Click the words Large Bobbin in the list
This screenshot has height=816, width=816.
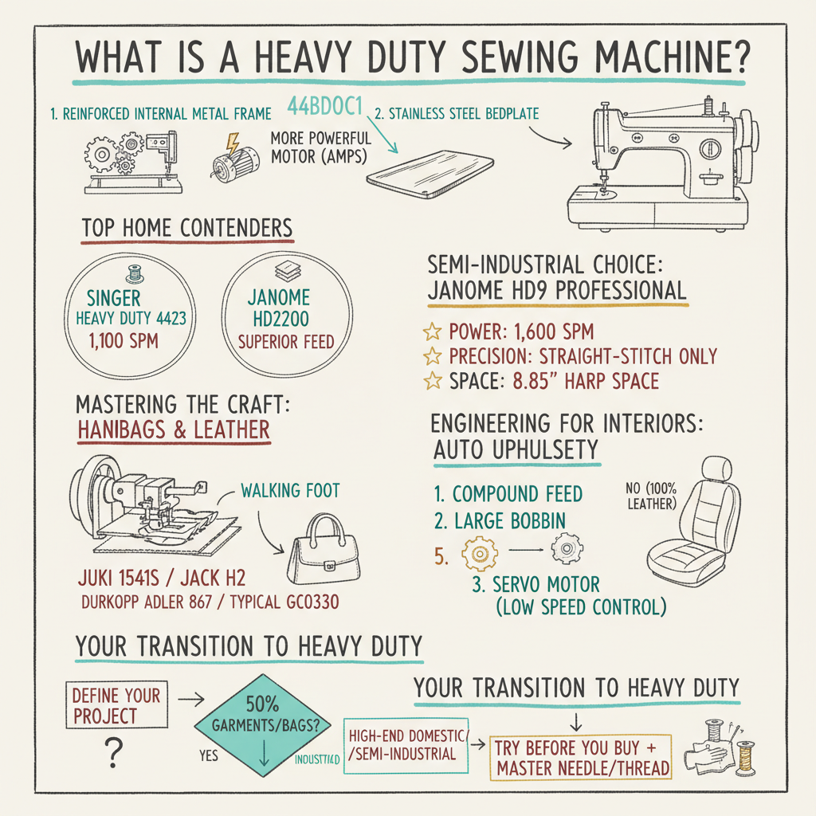pos(509,521)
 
